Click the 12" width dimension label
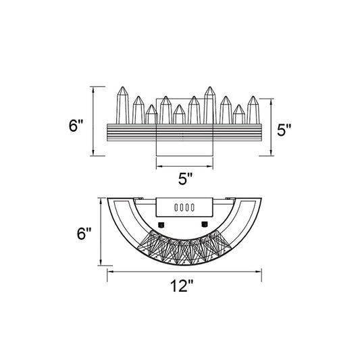pos(182,286)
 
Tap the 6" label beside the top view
pos(76,126)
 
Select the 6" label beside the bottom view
pos(84,234)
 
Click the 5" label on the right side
pos(284,130)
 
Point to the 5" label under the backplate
pos(185,178)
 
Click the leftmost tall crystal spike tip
pos(123,87)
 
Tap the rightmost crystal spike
pos(253,110)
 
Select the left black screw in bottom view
pos(161,224)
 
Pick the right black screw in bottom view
pos(204,224)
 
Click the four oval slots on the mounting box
pos(184,207)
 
